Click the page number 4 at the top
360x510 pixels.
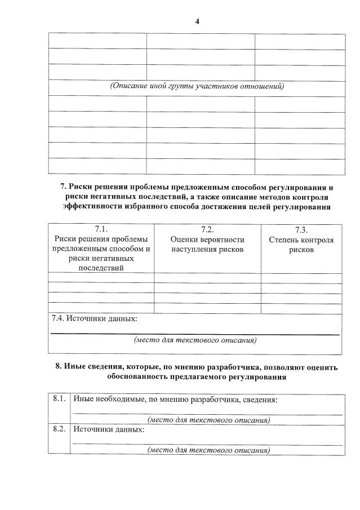[x=197, y=21]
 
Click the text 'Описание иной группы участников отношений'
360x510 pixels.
[x=196, y=87]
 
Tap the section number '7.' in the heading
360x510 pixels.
[x=63, y=187]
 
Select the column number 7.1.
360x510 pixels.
[x=101, y=229]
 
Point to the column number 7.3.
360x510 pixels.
[x=301, y=230]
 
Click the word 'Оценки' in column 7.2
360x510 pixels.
[x=183, y=240]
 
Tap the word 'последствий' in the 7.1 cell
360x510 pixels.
[x=101, y=268]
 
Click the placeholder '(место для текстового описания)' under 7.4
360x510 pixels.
[x=195, y=340]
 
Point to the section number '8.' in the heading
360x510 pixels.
[x=58, y=367]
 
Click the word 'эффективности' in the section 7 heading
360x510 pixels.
[x=90, y=207]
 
